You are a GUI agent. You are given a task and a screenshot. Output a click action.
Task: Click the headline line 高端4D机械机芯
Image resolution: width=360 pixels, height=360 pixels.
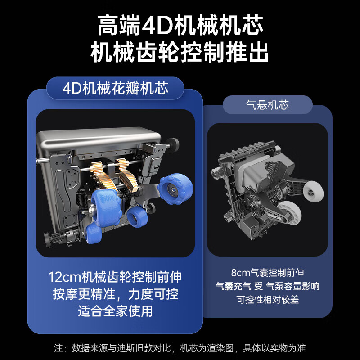click(x=180, y=26)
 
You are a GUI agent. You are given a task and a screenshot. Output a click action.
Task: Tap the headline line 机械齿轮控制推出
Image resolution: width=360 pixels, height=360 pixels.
click(x=180, y=53)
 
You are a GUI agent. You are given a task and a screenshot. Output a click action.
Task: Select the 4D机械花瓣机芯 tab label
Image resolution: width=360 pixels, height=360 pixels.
click(x=115, y=88)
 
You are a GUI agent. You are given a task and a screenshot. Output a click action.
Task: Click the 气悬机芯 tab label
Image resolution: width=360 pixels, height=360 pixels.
click(x=267, y=105)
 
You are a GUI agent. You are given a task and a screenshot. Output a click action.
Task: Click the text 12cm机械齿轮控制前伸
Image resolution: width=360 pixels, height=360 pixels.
click(x=115, y=277)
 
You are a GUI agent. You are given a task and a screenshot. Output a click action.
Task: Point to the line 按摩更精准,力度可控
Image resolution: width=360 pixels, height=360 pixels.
click(x=115, y=294)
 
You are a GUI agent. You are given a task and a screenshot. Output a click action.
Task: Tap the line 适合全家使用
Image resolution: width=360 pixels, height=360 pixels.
click(x=115, y=311)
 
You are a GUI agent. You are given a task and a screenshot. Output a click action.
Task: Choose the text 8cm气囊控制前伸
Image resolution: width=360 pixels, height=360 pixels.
click(x=267, y=273)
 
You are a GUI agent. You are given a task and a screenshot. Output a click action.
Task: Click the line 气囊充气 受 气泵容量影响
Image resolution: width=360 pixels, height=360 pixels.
click(x=267, y=286)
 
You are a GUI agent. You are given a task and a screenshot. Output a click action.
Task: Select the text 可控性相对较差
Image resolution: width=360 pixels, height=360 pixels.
click(x=267, y=299)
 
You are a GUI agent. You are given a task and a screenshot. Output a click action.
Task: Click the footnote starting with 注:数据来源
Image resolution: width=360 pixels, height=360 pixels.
click(x=180, y=348)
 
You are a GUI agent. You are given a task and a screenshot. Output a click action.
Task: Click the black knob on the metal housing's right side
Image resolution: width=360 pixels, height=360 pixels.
click(x=173, y=144)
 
